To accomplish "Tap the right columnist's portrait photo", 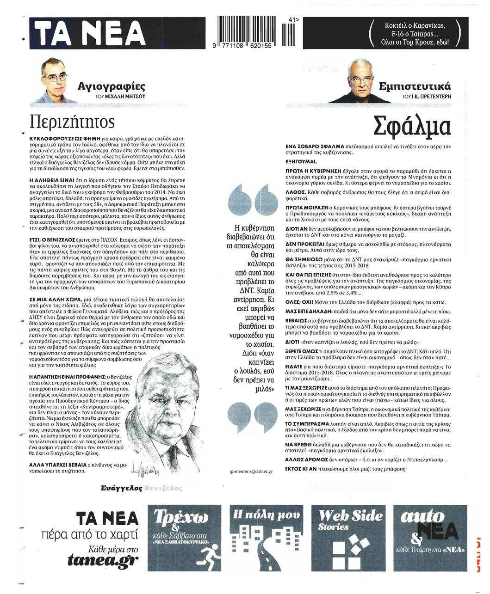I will tap(361, 81).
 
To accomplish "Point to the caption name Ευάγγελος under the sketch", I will tap(121, 488).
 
